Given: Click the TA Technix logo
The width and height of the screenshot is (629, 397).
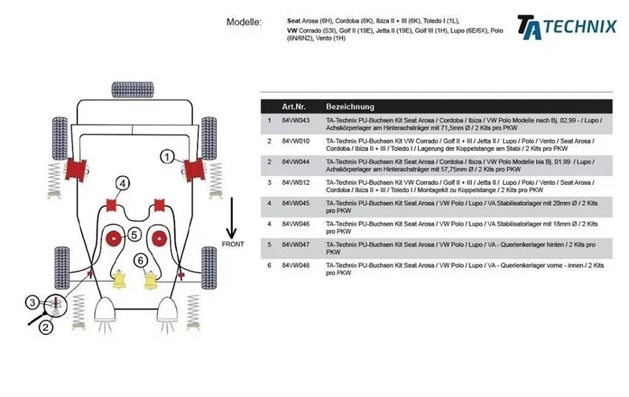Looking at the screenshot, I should pyautogui.click(x=566, y=26).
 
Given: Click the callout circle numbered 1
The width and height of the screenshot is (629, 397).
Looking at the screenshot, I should pyautogui.click(x=167, y=156).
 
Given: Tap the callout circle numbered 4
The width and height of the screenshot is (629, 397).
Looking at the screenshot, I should pyautogui.click(x=122, y=184).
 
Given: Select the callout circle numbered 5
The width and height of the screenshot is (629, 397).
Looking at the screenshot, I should pyautogui.click(x=134, y=234).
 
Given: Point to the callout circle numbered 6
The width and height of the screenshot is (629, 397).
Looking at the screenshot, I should pyautogui.click(x=141, y=260).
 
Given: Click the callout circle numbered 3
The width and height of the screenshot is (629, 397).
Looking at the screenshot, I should pyautogui.click(x=32, y=302).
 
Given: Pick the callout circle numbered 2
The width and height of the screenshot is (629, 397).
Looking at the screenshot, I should pyautogui.click(x=46, y=327).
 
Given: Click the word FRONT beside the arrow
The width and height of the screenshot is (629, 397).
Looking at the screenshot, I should pyautogui.click(x=232, y=244).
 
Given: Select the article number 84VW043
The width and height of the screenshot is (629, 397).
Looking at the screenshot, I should pyautogui.click(x=296, y=120).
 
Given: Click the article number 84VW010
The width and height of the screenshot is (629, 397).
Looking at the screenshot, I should pyautogui.click(x=296, y=141).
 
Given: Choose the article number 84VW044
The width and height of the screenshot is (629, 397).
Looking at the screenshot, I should pyautogui.click(x=296, y=161).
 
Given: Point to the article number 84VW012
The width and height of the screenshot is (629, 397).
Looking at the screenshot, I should pyautogui.click(x=296, y=182).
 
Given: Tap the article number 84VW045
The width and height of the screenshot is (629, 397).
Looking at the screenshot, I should pyautogui.click(x=296, y=203).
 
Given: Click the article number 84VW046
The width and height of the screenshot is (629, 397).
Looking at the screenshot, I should pyautogui.click(x=296, y=223).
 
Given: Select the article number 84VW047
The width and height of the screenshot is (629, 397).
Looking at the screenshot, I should pyautogui.click(x=296, y=244).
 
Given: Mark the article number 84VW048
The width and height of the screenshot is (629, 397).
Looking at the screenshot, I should pyautogui.click(x=296, y=265).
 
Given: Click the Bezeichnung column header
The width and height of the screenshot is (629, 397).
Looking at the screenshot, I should pyautogui.click(x=350, y=106).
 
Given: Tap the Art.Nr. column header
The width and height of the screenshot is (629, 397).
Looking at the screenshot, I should pyautogui.click(x=295, y=106).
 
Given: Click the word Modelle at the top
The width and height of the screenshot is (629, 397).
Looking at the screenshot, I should pyautogui.click(x=245, y=22).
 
